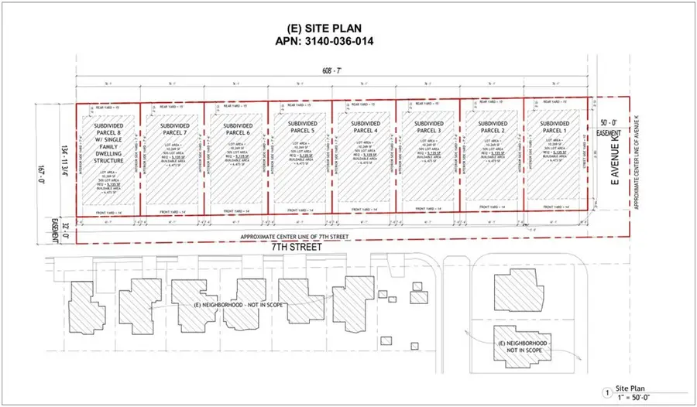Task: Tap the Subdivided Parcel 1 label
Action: point(554,127)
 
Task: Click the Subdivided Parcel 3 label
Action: point(427,127)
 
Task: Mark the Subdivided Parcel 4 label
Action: point(363,127)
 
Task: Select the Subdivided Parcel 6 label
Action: point(236,127)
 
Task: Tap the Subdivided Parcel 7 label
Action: point(172,127)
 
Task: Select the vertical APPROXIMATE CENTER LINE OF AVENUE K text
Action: point(636,170)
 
